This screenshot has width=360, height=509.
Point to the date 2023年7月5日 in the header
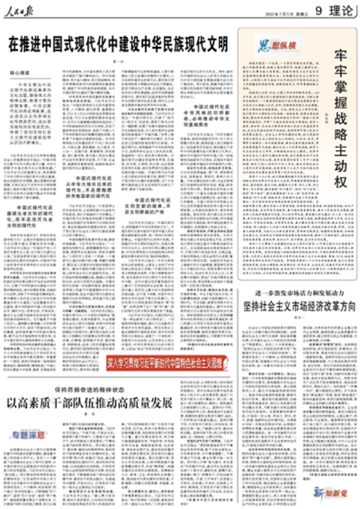click(277, 13)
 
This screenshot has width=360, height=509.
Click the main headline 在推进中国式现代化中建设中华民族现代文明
click(118, 44)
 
